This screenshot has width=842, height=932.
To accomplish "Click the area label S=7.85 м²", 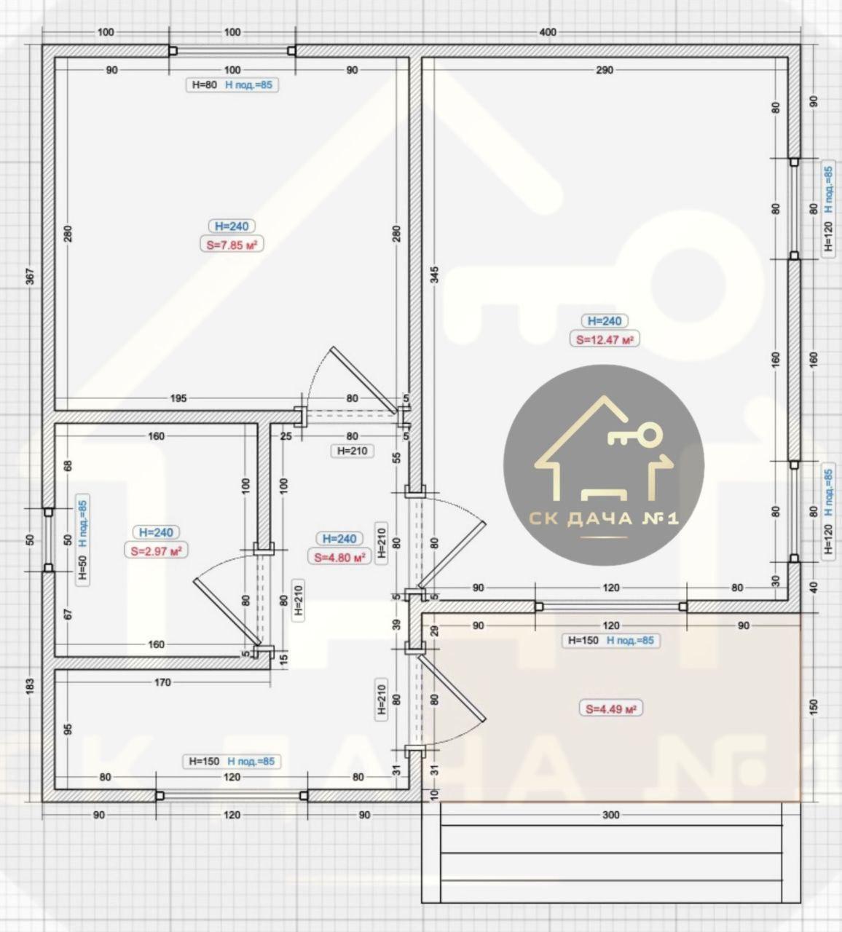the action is [232, 245].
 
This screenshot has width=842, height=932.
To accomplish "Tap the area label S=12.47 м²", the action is [605, 339].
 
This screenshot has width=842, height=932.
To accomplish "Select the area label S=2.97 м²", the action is [156, 551].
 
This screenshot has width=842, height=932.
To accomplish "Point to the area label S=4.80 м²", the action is [339, 557].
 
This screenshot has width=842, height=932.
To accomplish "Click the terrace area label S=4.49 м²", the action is [611, 708].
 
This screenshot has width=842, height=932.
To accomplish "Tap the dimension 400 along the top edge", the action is [548, 33].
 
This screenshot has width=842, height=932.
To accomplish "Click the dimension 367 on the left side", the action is [29, 277].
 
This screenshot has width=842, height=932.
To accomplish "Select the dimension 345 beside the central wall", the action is [435, 275].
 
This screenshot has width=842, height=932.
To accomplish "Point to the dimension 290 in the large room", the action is [604, 70].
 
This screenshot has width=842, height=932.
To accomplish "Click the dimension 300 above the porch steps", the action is [611, 815].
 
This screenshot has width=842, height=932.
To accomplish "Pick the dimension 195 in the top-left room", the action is [178, 398].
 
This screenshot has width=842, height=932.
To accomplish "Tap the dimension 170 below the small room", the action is [162, 682].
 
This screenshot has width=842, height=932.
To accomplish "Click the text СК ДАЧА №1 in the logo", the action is [604, 518].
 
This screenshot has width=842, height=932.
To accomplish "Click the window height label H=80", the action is [205, 85].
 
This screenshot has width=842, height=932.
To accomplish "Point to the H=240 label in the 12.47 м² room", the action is [605, 320].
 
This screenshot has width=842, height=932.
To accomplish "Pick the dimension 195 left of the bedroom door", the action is [178, 398].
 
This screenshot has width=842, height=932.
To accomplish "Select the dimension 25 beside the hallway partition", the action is [286, 436].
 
